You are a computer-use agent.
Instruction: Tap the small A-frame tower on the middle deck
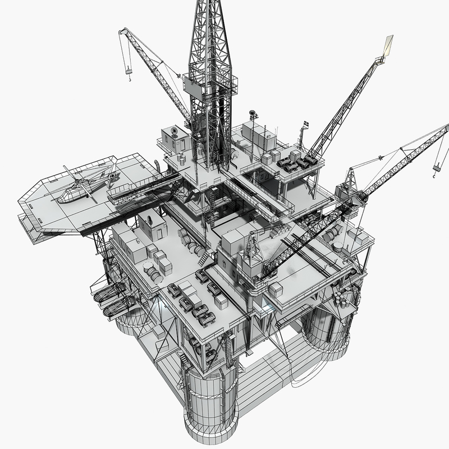[x=251, y=247]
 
